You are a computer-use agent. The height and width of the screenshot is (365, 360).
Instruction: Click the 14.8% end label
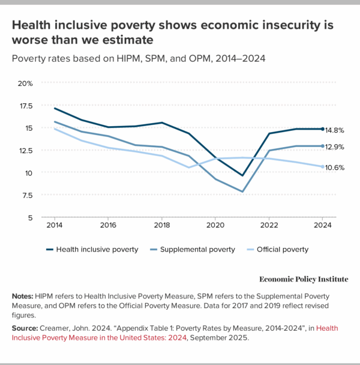click(335, 129)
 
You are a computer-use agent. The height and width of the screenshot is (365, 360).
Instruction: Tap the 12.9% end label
click(335, 146)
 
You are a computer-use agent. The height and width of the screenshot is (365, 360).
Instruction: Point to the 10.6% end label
click(335, 167)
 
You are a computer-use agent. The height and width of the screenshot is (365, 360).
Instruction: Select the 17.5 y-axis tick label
click(26, 105)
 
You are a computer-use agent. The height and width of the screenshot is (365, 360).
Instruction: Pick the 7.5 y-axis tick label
click(28, 195)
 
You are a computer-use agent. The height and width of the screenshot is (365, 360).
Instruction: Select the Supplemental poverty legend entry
click(197, 249)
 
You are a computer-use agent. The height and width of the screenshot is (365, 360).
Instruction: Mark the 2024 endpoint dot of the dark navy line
click(322, 129)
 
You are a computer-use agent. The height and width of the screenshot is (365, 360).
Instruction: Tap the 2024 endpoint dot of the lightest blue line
click(322, 166)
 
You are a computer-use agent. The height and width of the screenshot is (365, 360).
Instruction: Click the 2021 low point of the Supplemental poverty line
click(241, 192)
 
